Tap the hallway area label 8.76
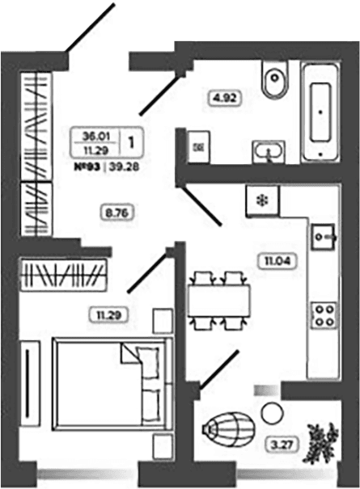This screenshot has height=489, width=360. pos(117,213)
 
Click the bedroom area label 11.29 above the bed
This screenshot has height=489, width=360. pos(108,314)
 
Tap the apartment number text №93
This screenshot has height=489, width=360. pos(87,167)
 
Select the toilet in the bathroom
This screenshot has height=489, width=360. pos(275,79)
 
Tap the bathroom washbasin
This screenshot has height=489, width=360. pos(269,152)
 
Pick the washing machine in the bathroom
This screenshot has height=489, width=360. pos(198,147)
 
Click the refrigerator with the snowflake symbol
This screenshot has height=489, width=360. pos(263,200)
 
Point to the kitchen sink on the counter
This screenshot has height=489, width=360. pos(324,237)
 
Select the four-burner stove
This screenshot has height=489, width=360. pos(324,315)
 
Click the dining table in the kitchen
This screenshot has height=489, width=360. pos(219,301)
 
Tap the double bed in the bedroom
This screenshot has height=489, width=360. pos(112,384)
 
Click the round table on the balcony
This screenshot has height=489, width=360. pos(273,413)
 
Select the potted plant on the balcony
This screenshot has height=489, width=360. pos(320,439)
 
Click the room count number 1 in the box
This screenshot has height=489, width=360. pos(131,142)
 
